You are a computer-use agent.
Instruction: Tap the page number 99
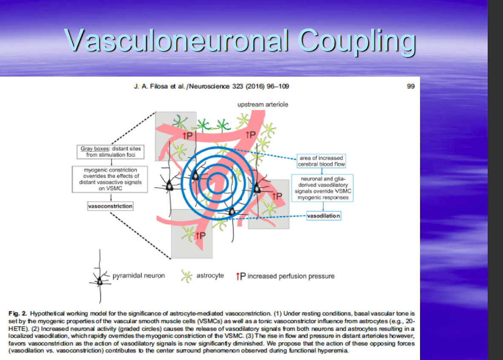411,86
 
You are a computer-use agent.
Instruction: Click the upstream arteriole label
263,104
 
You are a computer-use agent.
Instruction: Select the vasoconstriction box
110,206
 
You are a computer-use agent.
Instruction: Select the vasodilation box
323,216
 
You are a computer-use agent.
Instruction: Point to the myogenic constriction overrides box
110,179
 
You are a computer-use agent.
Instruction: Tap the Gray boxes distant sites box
110,152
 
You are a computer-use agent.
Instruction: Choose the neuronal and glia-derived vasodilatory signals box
322,188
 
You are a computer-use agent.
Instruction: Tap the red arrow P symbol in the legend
240,276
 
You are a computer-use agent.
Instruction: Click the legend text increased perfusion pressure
291,276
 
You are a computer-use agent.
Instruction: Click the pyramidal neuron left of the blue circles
170,186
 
